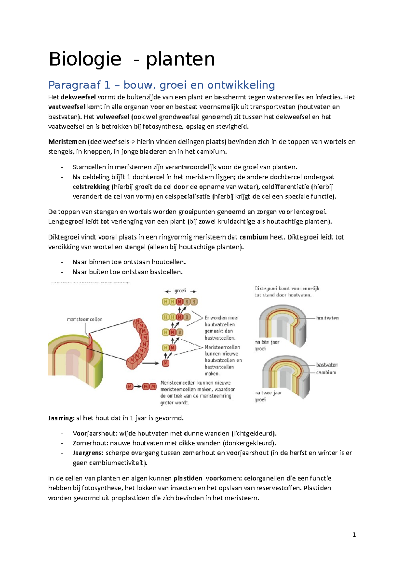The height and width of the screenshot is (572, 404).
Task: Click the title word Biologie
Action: tap(85, 59)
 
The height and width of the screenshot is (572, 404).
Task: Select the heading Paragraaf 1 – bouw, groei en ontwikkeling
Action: tap(162, 85)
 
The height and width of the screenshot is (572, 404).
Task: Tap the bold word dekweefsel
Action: tap(78, 97)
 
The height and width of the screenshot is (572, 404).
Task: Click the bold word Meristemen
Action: tap(67, 142)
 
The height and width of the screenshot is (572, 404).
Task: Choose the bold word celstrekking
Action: tap(91, 187)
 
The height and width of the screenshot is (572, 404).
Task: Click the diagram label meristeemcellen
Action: tap(85, 319)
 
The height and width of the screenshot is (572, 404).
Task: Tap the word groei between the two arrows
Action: tap(180, 291)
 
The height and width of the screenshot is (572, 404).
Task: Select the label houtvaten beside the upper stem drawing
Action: tap(327, 318)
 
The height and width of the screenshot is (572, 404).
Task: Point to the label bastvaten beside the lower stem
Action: tap(327, 365)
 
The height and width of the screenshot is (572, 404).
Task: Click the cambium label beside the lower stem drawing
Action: tap(326, 372)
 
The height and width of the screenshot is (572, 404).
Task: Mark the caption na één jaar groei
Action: tap(267, 345)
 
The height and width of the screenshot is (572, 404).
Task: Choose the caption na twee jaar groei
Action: tap(268, 396)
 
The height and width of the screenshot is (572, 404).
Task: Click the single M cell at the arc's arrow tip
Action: tap(165, 363)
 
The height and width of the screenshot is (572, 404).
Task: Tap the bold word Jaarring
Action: tap(61, 418)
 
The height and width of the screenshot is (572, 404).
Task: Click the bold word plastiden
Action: tap(188, 478)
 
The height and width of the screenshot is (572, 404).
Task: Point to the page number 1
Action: tap(354, 535)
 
